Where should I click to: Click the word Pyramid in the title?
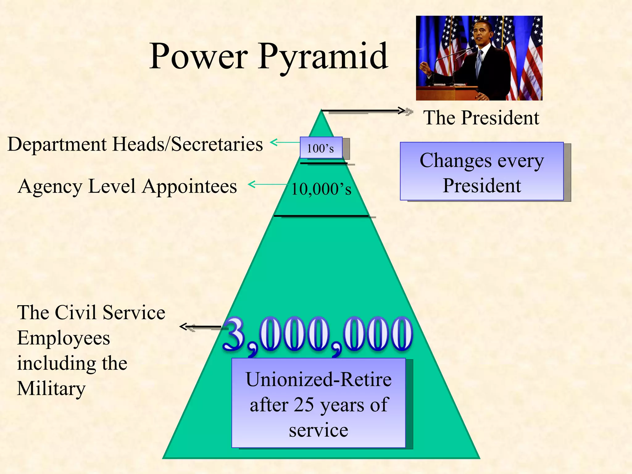point(323,57)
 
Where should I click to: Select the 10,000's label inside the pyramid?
point(321,189)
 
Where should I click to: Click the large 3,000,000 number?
point(318,335)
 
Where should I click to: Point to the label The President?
point(481,118)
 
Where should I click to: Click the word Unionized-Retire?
point(318,380)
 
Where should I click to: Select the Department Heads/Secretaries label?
point(135,144)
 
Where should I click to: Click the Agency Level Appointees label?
point(127,186)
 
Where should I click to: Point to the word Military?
point(51,389)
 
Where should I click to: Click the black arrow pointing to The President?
point(364,110)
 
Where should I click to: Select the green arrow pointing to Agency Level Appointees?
point(267,185)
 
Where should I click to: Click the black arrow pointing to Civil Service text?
point(201,326)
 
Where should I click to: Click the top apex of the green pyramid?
point(321,112)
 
